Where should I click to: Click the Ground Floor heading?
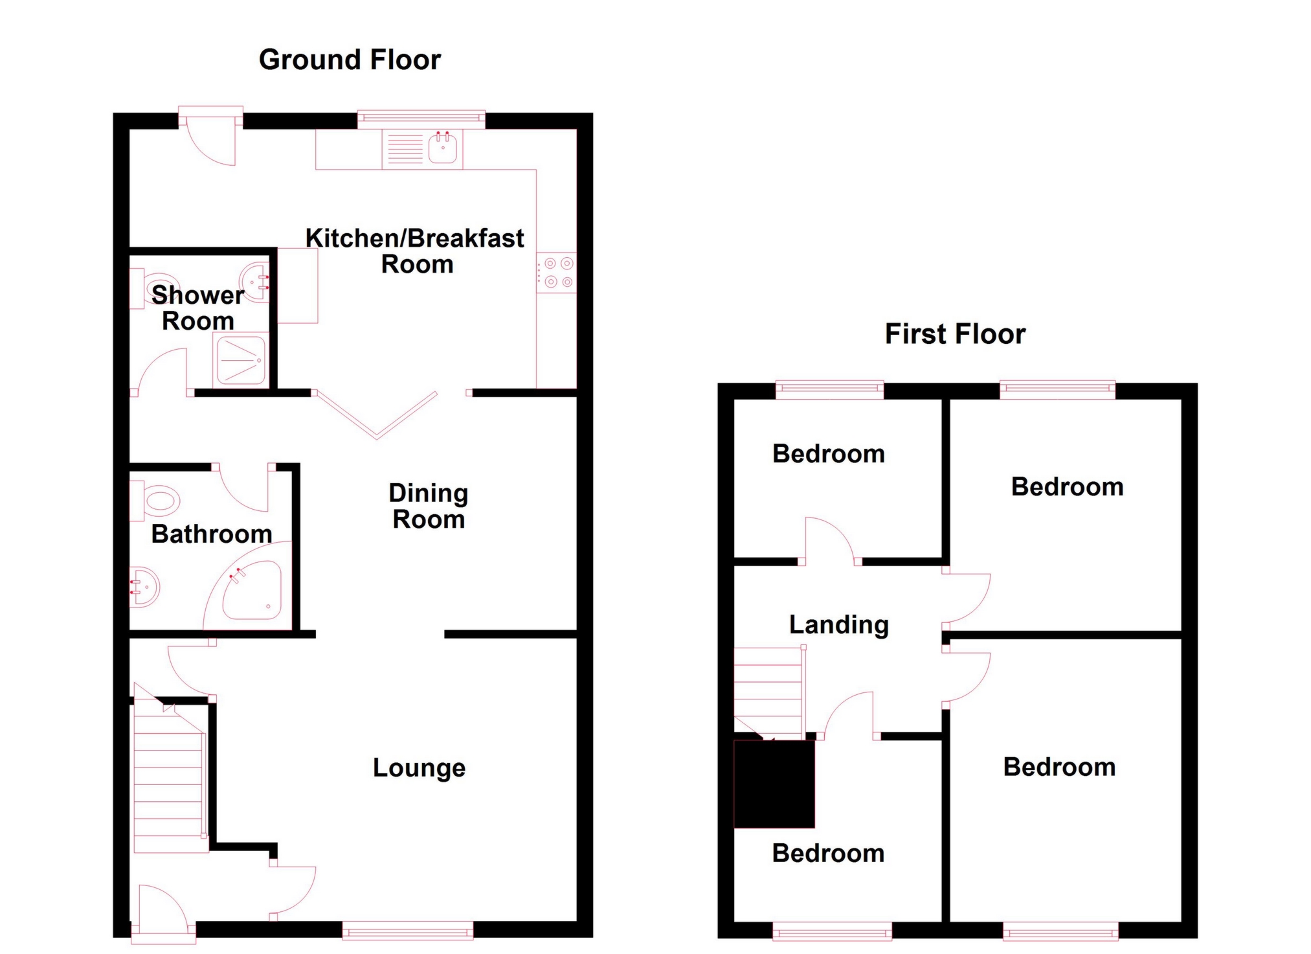coord(350,60)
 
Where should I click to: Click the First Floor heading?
coord(955,334)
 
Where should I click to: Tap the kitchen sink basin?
coord(443,149)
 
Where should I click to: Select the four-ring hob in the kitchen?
coord(557,273)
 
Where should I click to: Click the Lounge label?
coord(419,767)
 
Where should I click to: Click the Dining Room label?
coord(429,506)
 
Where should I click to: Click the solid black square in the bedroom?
coord(774,784)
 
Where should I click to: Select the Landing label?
coord(838,625)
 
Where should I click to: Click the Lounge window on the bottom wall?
coord(408,933)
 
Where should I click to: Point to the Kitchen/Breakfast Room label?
coord(415,251)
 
